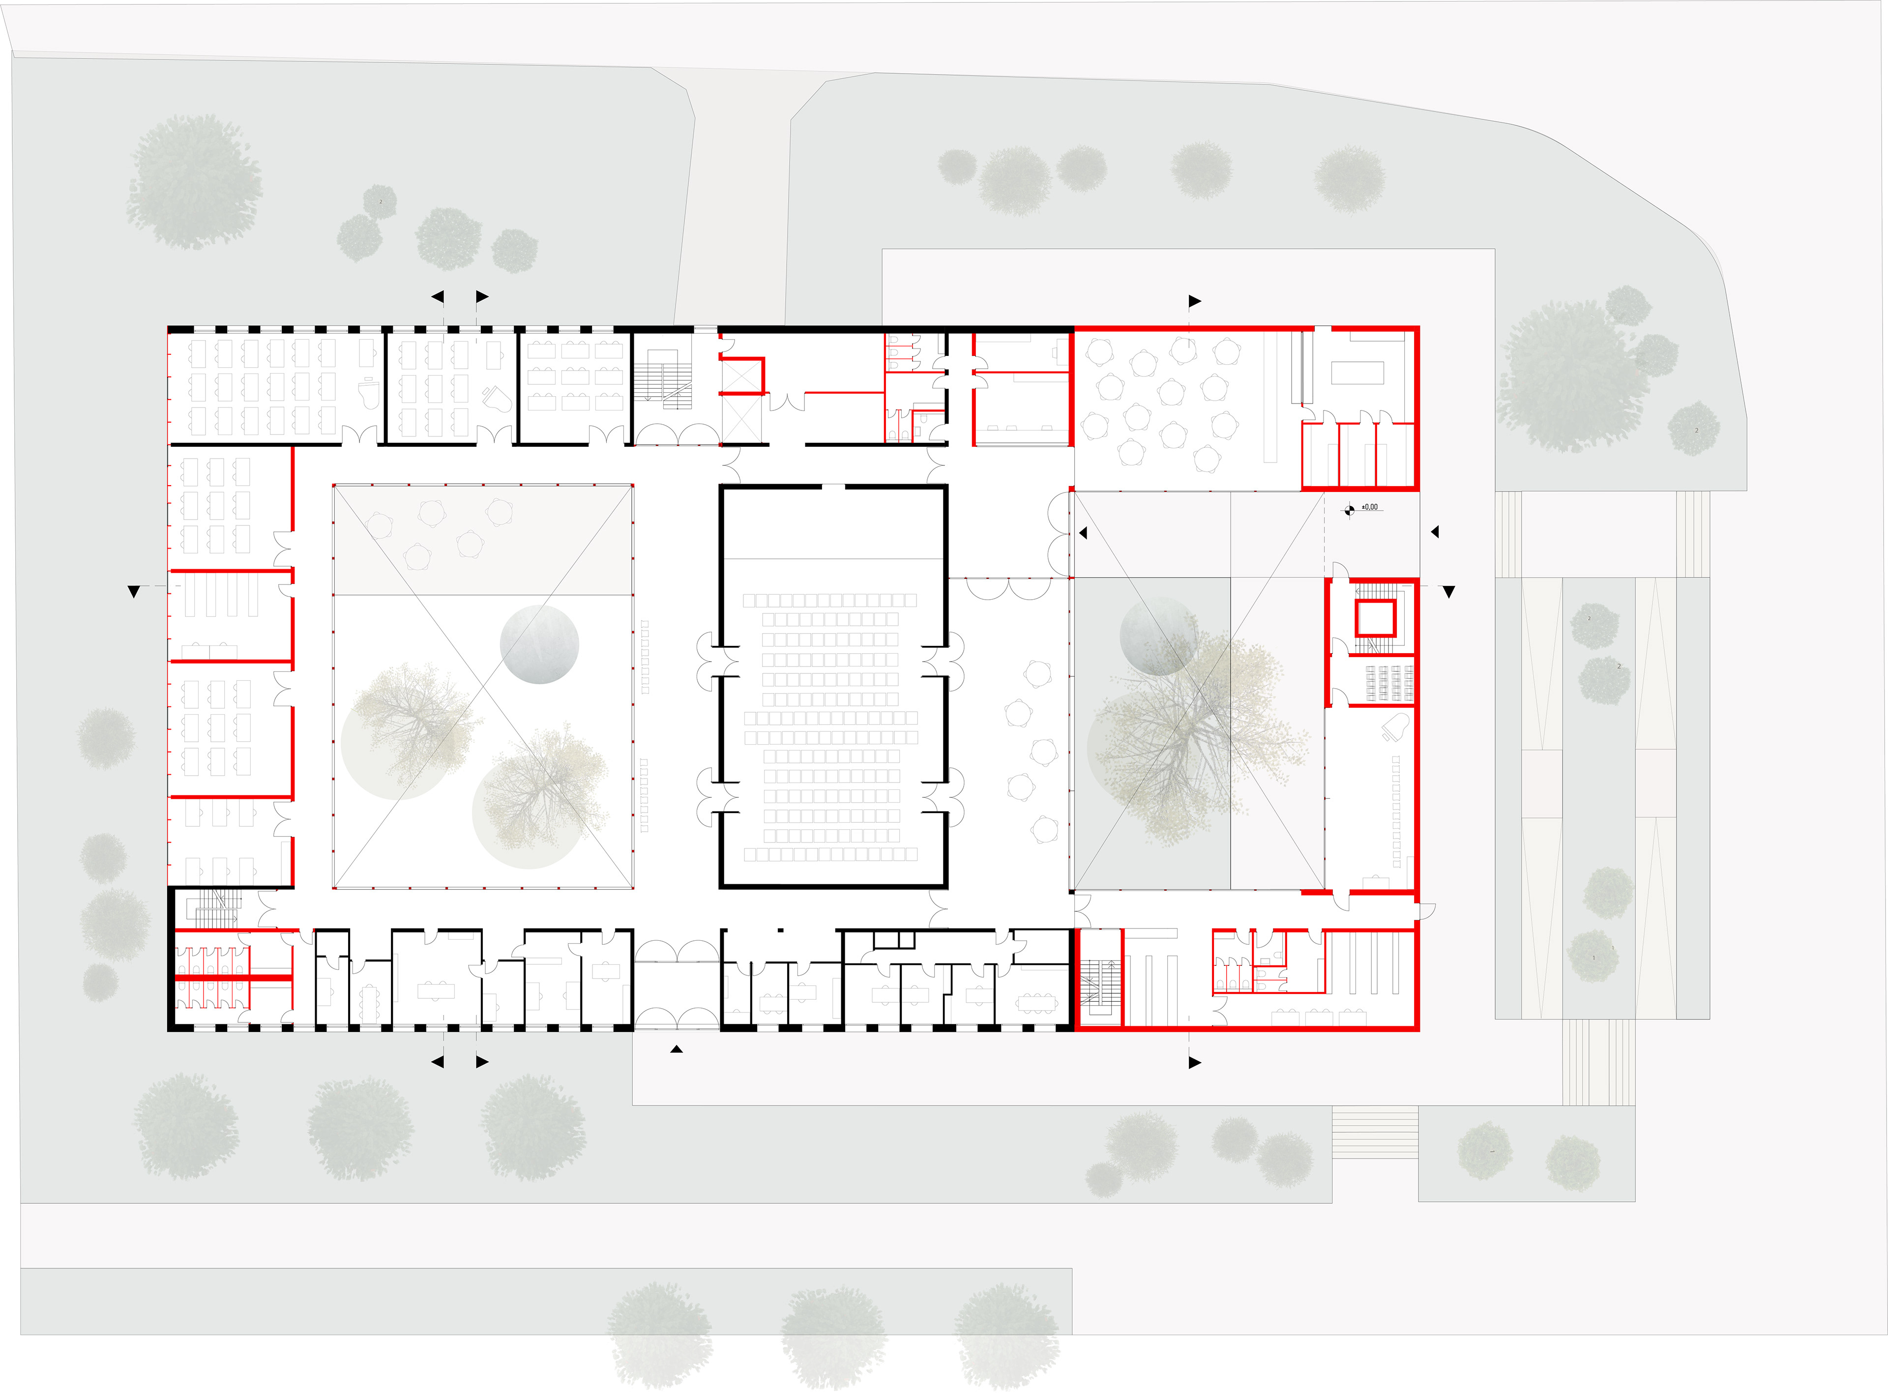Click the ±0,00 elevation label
coord(1370,507)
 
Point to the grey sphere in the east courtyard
coord(1158,637)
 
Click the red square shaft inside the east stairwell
coord(1375,617)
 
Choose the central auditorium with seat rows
coord(833,725)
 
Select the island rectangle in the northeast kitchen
coord(1357,373)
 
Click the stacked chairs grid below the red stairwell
coord(1389,683)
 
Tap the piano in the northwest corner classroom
coord(369,393)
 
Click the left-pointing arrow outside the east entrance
coord(1434,532)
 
